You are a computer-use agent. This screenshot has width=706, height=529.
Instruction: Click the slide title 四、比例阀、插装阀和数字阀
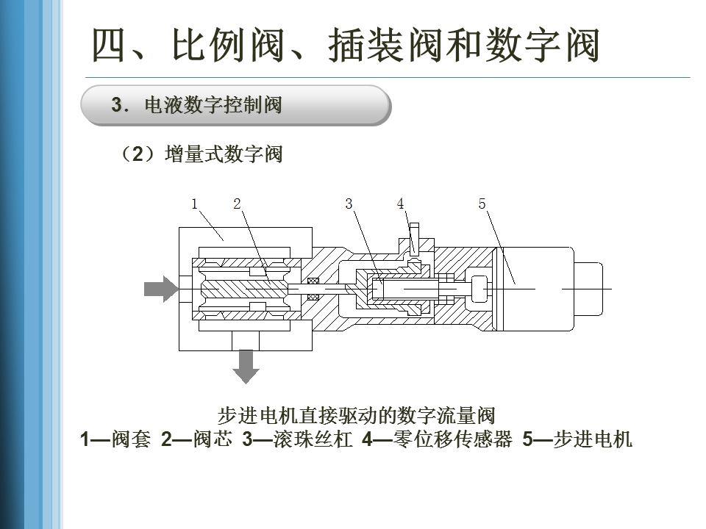(346, 44)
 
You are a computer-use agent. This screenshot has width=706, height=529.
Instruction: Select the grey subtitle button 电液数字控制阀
(235, 105)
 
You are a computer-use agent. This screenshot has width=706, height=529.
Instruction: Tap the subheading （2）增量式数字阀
(201, 154)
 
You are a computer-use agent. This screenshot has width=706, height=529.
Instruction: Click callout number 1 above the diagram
(194, 204)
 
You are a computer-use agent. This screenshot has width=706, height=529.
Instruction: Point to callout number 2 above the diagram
(238, 204)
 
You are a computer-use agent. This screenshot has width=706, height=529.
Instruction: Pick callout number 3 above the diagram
(349, 204)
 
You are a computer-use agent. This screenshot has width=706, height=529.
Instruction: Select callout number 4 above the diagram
(400, 204)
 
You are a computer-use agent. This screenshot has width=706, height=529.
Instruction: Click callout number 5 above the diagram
(482, 204)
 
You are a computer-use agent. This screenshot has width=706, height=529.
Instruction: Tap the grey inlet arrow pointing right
(161, 289)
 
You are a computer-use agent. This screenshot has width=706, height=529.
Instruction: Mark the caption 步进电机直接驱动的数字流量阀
(357, 415)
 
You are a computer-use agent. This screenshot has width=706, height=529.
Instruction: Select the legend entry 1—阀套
(115, 439)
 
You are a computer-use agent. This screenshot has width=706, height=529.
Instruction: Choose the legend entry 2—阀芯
(197, 439)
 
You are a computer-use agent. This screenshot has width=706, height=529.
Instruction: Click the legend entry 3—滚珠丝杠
(297, 439)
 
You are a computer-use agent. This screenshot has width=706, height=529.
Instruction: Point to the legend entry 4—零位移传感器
(437, 439)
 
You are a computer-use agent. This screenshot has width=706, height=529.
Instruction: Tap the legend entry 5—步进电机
(578, 439)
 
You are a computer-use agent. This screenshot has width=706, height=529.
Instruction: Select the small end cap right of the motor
(588, 289)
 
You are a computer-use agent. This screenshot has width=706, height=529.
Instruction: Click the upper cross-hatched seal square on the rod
(313, 281)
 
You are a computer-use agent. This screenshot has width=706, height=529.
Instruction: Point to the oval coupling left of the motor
(479, 289)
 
